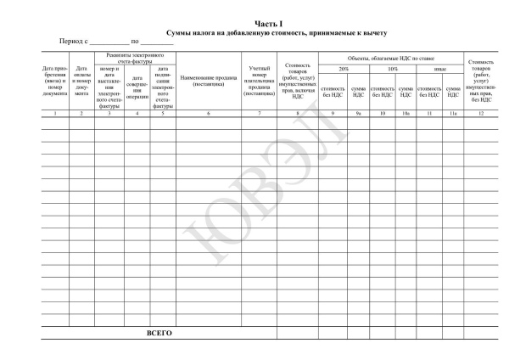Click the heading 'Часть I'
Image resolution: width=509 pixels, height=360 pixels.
click(269, 24)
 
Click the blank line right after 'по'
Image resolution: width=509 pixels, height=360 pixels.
click(158, 42)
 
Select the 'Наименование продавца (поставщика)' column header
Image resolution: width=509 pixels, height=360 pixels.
click(209, 82)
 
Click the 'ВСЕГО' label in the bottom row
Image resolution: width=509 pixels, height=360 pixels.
click(159, 333)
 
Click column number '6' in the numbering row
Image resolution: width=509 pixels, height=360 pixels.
click(209, 113)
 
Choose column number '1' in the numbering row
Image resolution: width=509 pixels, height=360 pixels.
click(55, 113)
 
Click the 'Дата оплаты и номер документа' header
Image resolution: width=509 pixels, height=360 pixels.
click(82, 82)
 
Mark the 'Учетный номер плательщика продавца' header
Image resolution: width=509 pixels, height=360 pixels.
click(260, 82)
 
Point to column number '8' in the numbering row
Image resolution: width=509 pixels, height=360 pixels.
click(297, 113)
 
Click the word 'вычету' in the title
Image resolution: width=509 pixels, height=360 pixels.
click(374, 32)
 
